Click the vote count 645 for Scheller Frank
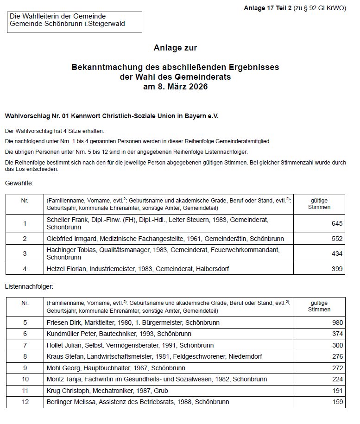coord(337,224)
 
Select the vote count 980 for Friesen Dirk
coord(337,323)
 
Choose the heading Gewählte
coord(19,184)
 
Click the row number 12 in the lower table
coord(25,402)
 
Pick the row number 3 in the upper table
coord(25,253)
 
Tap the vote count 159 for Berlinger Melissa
coord(337,402)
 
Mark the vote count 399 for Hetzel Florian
coord(337,269)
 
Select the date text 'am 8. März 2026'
coord(176,87)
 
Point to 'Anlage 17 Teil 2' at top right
coord(268,8)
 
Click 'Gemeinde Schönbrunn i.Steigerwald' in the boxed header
coord(67,24)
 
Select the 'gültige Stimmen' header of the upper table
coord(319,204)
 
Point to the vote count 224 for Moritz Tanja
coord(337,379)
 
